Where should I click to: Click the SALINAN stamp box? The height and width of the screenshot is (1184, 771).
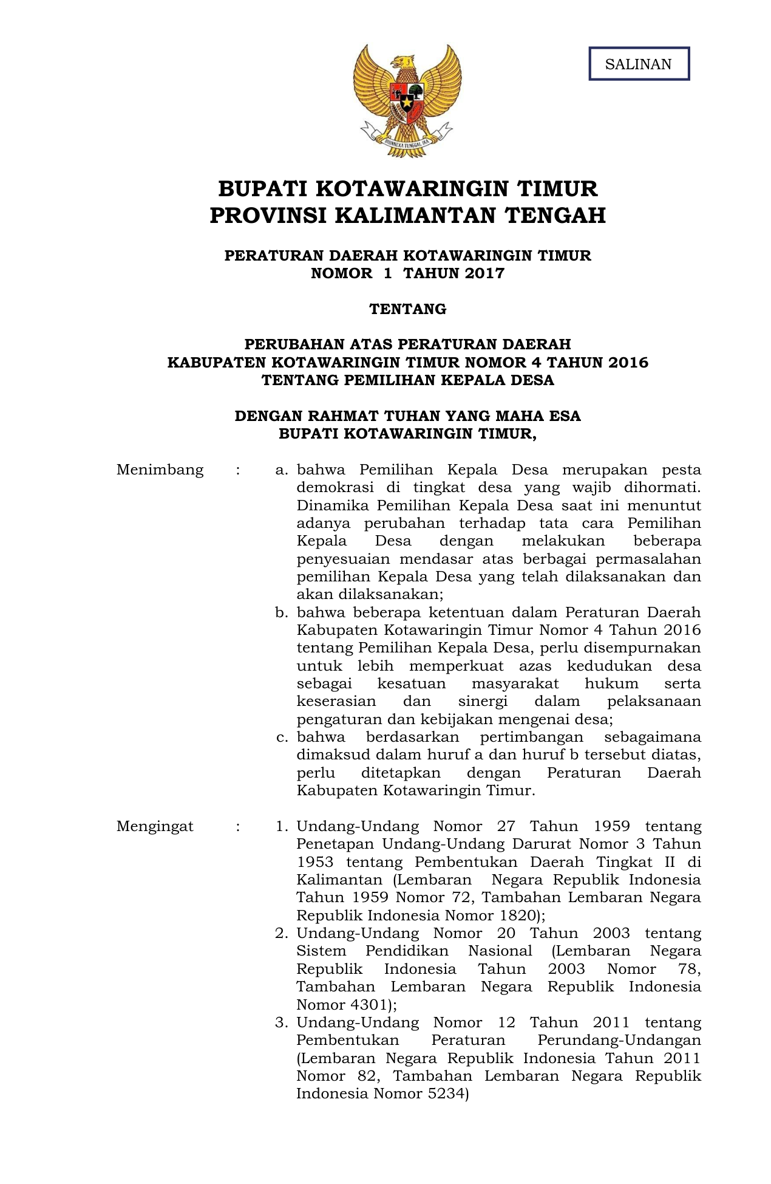point(639,64)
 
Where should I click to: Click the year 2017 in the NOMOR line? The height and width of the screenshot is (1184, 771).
point(484,273)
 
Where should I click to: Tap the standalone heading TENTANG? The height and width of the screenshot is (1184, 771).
point(408,309)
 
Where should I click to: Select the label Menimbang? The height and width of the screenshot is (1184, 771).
point(160,470)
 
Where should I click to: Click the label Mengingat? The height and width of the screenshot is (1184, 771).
point(155,826)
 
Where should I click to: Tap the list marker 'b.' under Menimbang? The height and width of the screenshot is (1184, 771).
point(281,612)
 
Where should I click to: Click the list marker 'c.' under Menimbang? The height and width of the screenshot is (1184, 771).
point(281,737)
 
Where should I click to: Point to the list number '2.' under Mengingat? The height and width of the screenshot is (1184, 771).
point(281,933)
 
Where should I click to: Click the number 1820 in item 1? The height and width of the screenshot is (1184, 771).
point(515,915)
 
